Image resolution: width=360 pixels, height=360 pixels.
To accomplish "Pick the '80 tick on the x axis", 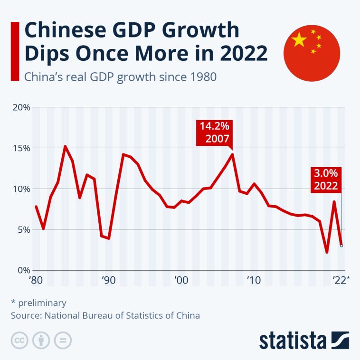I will click(x=36, y=280).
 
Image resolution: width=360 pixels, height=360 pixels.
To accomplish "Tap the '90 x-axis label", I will click(x=108, y=280).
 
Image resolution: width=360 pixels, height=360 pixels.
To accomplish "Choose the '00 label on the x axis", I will click(x=180, y=280).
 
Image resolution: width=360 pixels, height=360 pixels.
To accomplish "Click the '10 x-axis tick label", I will click(x=253, y=280).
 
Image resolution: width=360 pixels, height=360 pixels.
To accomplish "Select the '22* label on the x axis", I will click(x=341, y=280).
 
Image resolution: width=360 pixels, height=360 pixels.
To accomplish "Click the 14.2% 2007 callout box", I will click(x=215, y=133).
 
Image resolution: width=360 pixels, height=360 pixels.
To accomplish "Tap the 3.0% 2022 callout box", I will click(x=326, y=179).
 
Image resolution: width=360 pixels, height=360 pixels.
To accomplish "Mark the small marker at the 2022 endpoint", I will click(x=341, y=246).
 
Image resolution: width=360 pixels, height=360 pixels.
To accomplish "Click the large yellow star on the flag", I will click(x=300, y=40).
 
